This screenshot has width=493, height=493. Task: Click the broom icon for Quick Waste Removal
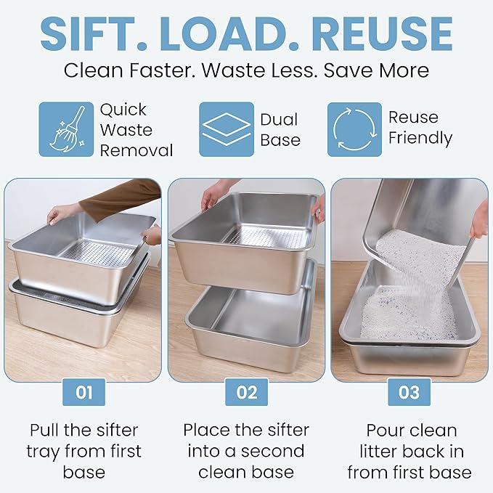66,129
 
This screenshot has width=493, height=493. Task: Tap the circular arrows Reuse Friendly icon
354,129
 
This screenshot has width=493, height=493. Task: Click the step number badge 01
84,392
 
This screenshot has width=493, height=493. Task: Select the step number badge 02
247,392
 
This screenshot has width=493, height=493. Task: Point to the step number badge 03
409,392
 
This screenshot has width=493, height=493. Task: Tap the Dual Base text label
280,129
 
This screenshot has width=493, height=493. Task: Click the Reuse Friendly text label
420,128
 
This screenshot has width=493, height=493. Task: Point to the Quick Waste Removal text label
136,130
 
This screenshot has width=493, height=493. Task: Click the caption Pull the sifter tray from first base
84,450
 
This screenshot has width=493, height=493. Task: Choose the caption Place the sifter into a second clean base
247,450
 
